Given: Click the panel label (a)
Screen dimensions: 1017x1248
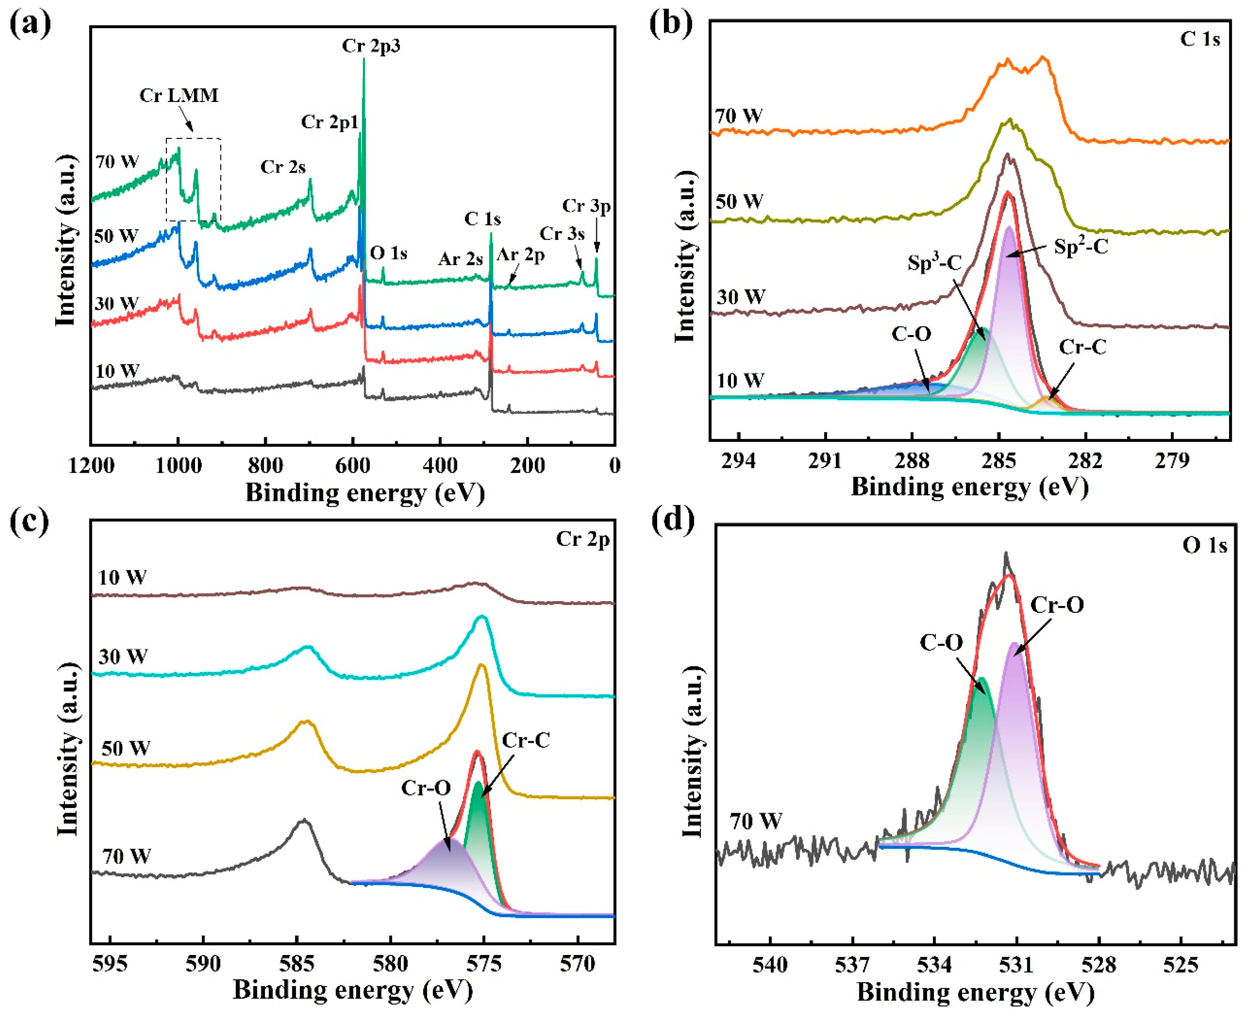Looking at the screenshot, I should click(x=30, y=24).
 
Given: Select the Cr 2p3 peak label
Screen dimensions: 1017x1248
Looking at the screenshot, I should click(x=371, y=46).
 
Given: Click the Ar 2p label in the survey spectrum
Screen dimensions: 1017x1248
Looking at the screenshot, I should click(x=521, y=255).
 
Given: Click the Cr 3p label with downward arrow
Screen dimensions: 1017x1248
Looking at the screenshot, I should click(x=586, y=206).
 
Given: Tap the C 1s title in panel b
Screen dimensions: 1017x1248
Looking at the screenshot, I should click(x=1200, y=39).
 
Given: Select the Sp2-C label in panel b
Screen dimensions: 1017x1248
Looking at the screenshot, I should click(x=1081, y=247).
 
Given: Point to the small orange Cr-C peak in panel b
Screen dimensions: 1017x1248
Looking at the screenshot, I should click(x=1046, y=403).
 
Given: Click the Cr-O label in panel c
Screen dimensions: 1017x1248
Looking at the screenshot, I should click(x=426, y=788).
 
